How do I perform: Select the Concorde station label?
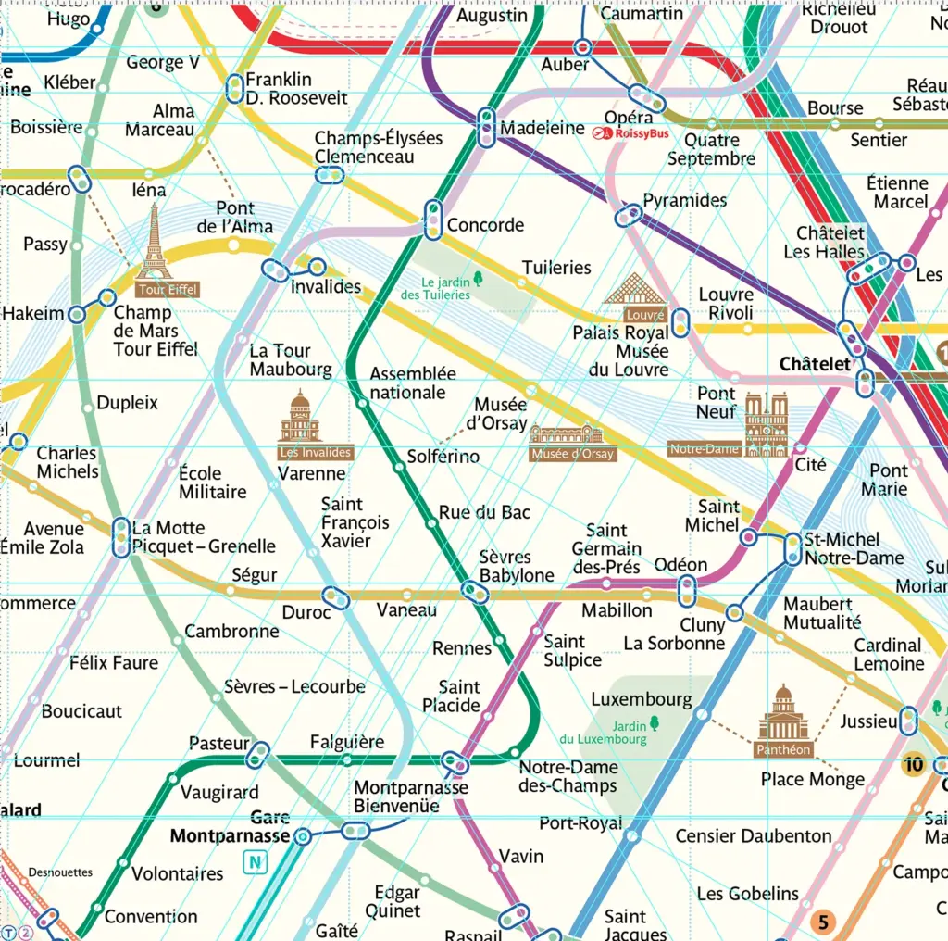tap(485, 225)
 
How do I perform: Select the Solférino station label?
tap(443, 457)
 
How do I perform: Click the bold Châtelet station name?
tap(815, 365)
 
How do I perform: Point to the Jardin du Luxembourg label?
tap(603, 733)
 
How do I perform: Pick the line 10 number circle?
tap(914, 764)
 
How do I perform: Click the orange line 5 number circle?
tap(822, 922)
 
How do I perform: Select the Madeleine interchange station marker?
tap(486, 128)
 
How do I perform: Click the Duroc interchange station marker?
tap(336, 598)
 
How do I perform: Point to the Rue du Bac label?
tap(484, 512)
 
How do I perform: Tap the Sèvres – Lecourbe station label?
tap(294, 687)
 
